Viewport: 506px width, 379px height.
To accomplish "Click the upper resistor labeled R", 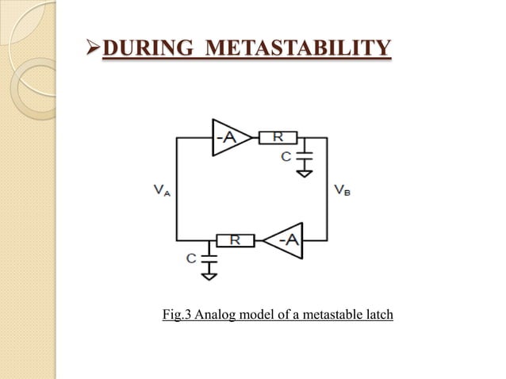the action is coord(278,137).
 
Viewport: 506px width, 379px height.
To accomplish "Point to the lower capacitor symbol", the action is coord(209,258).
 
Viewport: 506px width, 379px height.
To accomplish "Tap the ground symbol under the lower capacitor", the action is coord(209,274).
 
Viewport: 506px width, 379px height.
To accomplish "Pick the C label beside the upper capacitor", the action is coord(286,156).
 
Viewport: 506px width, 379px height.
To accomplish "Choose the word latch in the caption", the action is coord(378,316).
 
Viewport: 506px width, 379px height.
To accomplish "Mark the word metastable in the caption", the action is coord(328,316).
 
